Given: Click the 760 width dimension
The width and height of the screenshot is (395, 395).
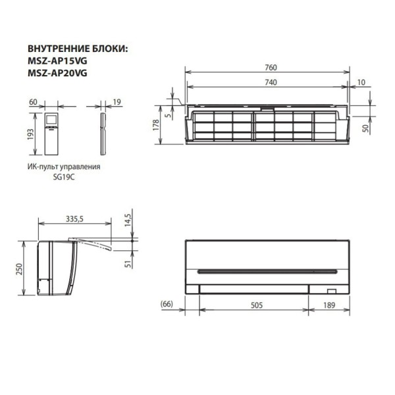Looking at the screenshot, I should [x=271, y=68].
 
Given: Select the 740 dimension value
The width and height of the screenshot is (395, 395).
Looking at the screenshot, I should [x=271, y=82].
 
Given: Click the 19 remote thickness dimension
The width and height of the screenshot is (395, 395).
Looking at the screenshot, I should [x=116, y=102].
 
